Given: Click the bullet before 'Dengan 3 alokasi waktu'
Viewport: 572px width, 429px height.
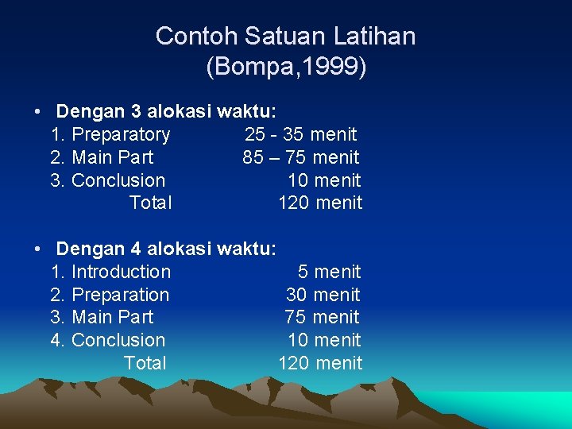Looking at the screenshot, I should [38, 112].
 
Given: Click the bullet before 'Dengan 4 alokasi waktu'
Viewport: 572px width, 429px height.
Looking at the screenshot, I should [38, 249].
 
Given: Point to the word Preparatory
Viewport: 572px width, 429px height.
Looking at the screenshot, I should [121, 135].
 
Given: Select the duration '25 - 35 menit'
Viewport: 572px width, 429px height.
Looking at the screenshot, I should [301, 135].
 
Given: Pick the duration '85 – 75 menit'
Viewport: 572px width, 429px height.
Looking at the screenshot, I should [301, 158].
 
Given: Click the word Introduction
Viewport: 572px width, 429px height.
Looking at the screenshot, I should [121, 272].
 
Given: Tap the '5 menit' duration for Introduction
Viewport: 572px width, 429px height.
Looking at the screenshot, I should [329, 272].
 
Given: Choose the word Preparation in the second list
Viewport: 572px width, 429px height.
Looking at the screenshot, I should [120, 296].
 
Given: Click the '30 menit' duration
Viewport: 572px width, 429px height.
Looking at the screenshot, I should [323, 296].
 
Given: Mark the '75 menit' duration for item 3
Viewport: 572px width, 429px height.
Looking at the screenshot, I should [322, 318].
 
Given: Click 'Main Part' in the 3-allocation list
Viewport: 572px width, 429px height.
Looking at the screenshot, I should [113, 158].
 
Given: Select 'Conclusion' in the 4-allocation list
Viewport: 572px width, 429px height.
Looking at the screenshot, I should [118, 341].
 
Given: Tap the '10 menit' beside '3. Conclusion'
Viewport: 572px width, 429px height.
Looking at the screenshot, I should [324, 181].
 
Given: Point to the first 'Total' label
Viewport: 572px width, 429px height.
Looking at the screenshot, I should [150, 203].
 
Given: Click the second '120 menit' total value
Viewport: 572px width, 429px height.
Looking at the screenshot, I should [320, 364].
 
